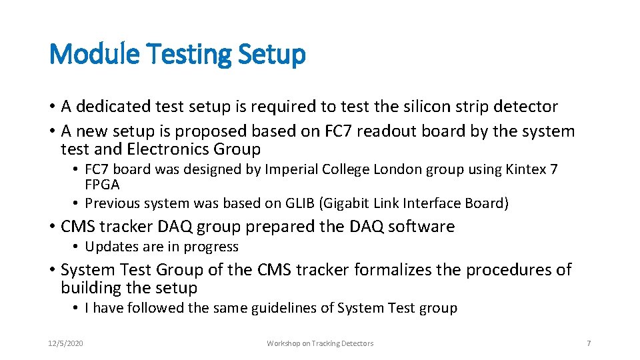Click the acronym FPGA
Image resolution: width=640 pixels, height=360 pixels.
click(102, 185)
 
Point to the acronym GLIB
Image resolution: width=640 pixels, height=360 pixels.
click(319, 203)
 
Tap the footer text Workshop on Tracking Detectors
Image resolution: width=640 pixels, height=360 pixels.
click(320, 343)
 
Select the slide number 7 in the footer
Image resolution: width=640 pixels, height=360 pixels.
click(588, 343)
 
